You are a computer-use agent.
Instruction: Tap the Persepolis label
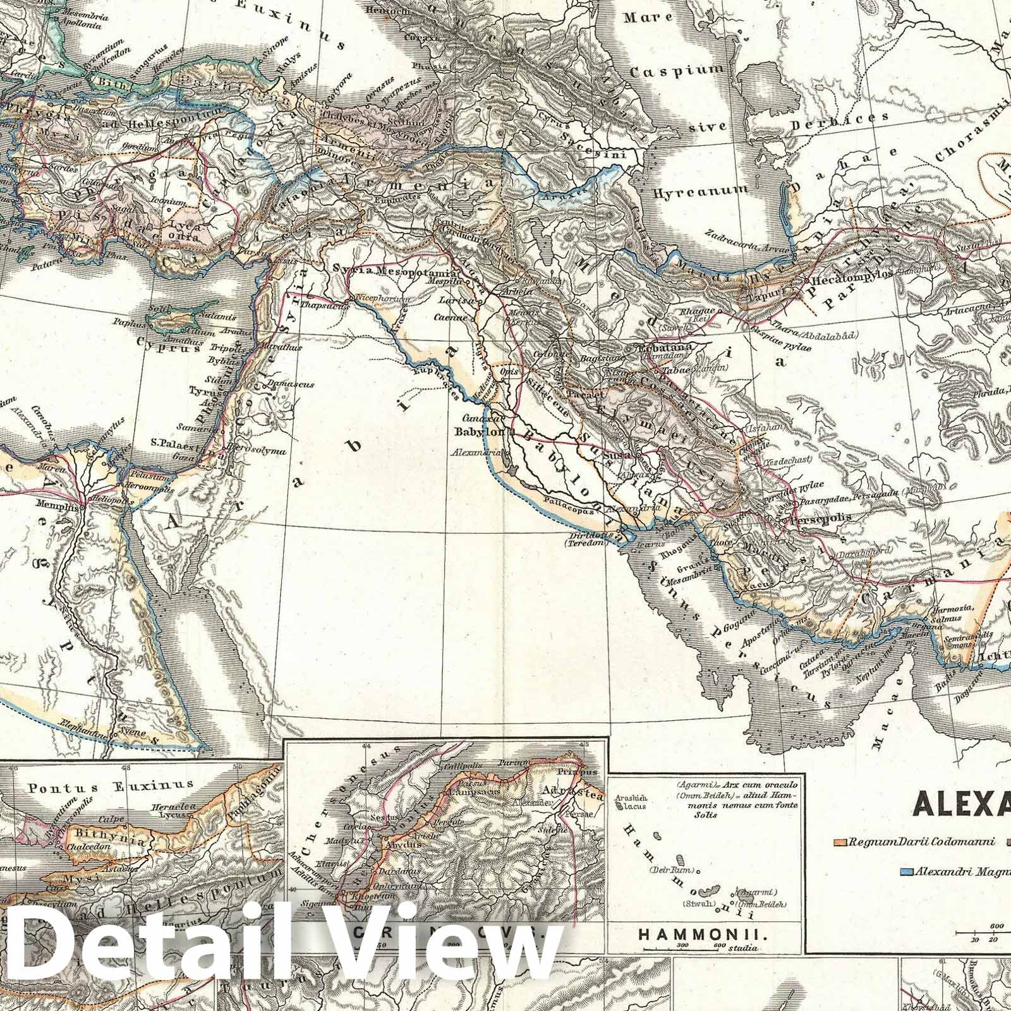pyautogui.click(x=821, y=517)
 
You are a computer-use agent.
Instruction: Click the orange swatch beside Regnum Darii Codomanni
pyautogui.click(x=840, y=842)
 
